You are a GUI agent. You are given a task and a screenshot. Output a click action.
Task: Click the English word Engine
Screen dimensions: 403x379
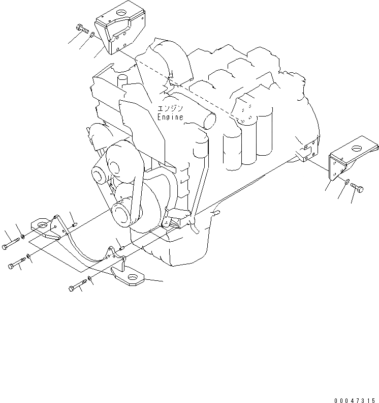tap(169, 117)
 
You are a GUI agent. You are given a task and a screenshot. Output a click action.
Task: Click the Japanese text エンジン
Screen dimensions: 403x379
tap(169, 108)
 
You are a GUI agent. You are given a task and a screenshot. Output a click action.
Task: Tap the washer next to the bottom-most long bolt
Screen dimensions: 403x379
tap(90, 279)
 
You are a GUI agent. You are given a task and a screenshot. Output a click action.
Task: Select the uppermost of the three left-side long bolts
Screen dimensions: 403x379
tap(11, 245)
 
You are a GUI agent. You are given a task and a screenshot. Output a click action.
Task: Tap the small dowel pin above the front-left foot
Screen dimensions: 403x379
tap(74, 222)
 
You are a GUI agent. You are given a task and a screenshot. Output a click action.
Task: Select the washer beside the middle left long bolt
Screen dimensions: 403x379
tap(29, 257)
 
